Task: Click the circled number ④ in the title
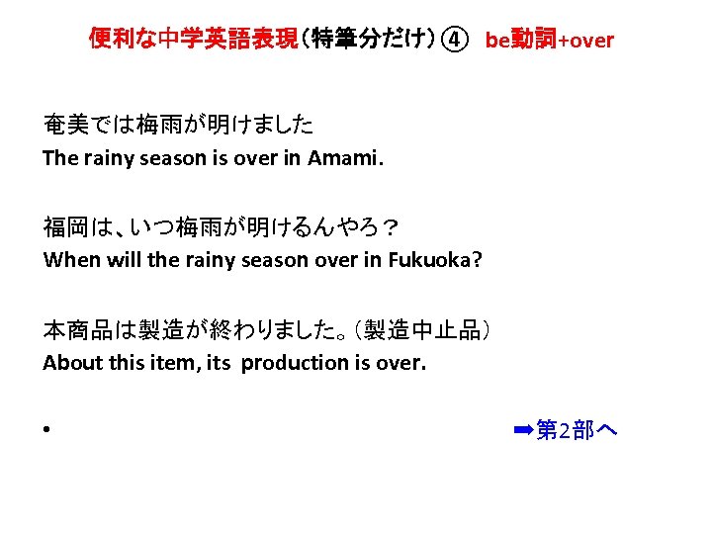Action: click(454, 40)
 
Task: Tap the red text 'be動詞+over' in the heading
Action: click(549, 40)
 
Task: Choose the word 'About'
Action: click(67, 363)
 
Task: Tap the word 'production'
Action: click(295, 363)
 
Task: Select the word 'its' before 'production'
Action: click(218, 363)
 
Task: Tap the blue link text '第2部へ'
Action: click(577, 430)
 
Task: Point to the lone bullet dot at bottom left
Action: click(46, 432)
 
